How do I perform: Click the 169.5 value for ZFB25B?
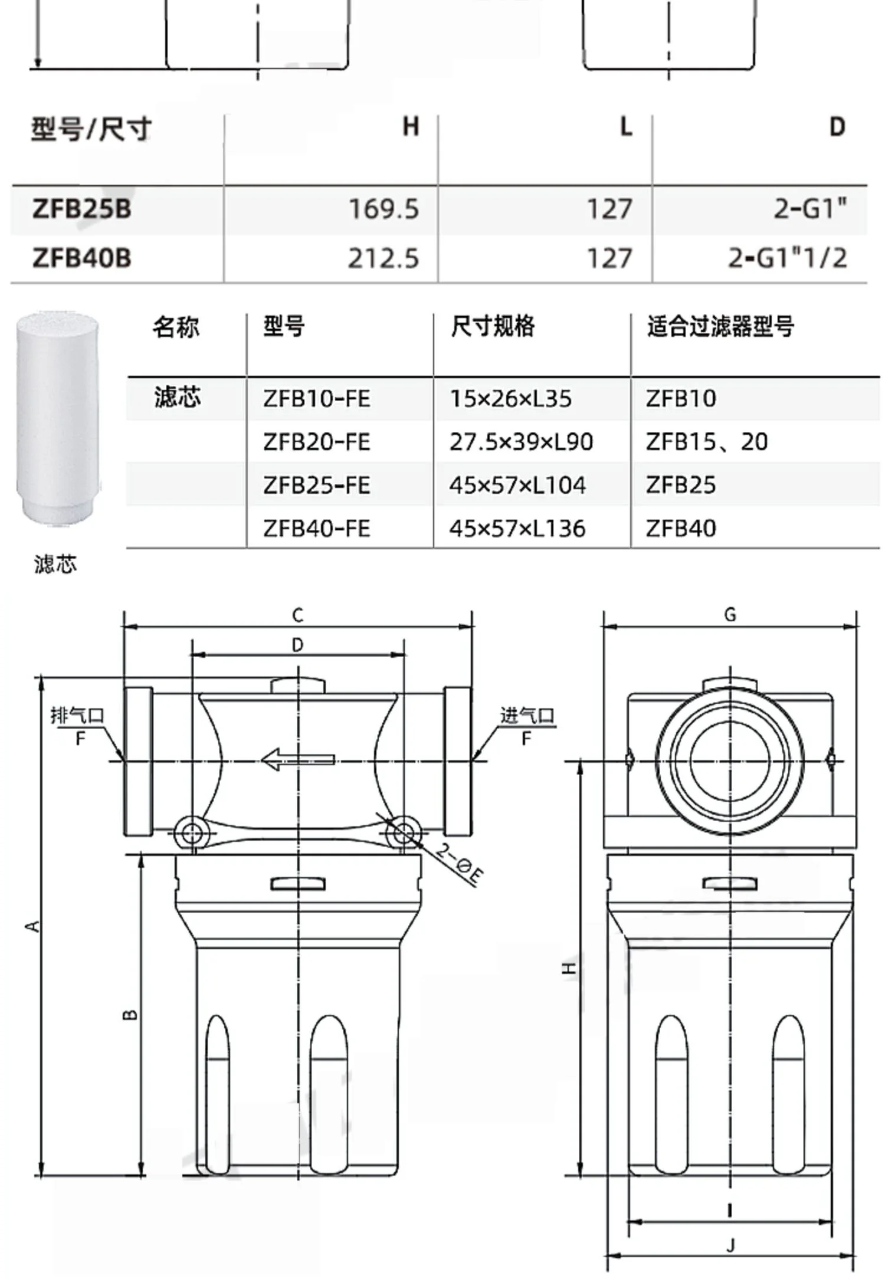tap(383, 209)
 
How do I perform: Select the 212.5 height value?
tap(383, 258)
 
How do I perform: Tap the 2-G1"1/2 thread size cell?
tap(787, 258)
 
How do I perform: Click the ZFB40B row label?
tap(81, 258)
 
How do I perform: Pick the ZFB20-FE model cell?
tap(317, 442)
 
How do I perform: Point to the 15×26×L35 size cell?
tap(510, 399)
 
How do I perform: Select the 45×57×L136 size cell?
tap(517, 529)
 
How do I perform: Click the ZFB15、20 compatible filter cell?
tap(707, 442)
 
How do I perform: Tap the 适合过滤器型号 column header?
tap(720, 326)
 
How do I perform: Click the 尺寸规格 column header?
tap(493, 326)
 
